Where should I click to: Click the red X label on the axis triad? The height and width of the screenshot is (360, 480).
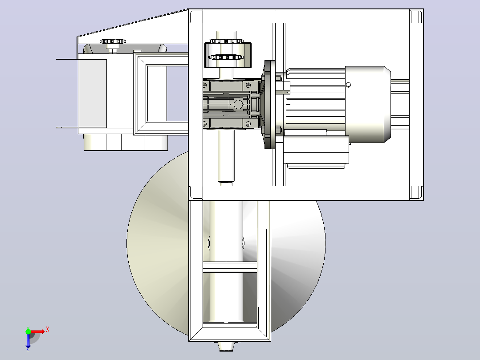48,330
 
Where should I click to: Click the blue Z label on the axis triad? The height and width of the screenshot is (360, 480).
28,349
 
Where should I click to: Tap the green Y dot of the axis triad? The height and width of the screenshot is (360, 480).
28,331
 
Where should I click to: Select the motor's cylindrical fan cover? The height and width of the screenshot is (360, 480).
368,104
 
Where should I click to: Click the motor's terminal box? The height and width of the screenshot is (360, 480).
316,150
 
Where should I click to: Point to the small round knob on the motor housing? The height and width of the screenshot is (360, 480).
348,85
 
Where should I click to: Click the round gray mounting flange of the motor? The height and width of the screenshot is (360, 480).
270,104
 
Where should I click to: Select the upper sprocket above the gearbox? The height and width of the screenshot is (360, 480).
226,41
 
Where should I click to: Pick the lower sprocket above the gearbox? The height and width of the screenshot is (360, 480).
226,57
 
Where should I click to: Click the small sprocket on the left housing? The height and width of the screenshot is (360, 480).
113,41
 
